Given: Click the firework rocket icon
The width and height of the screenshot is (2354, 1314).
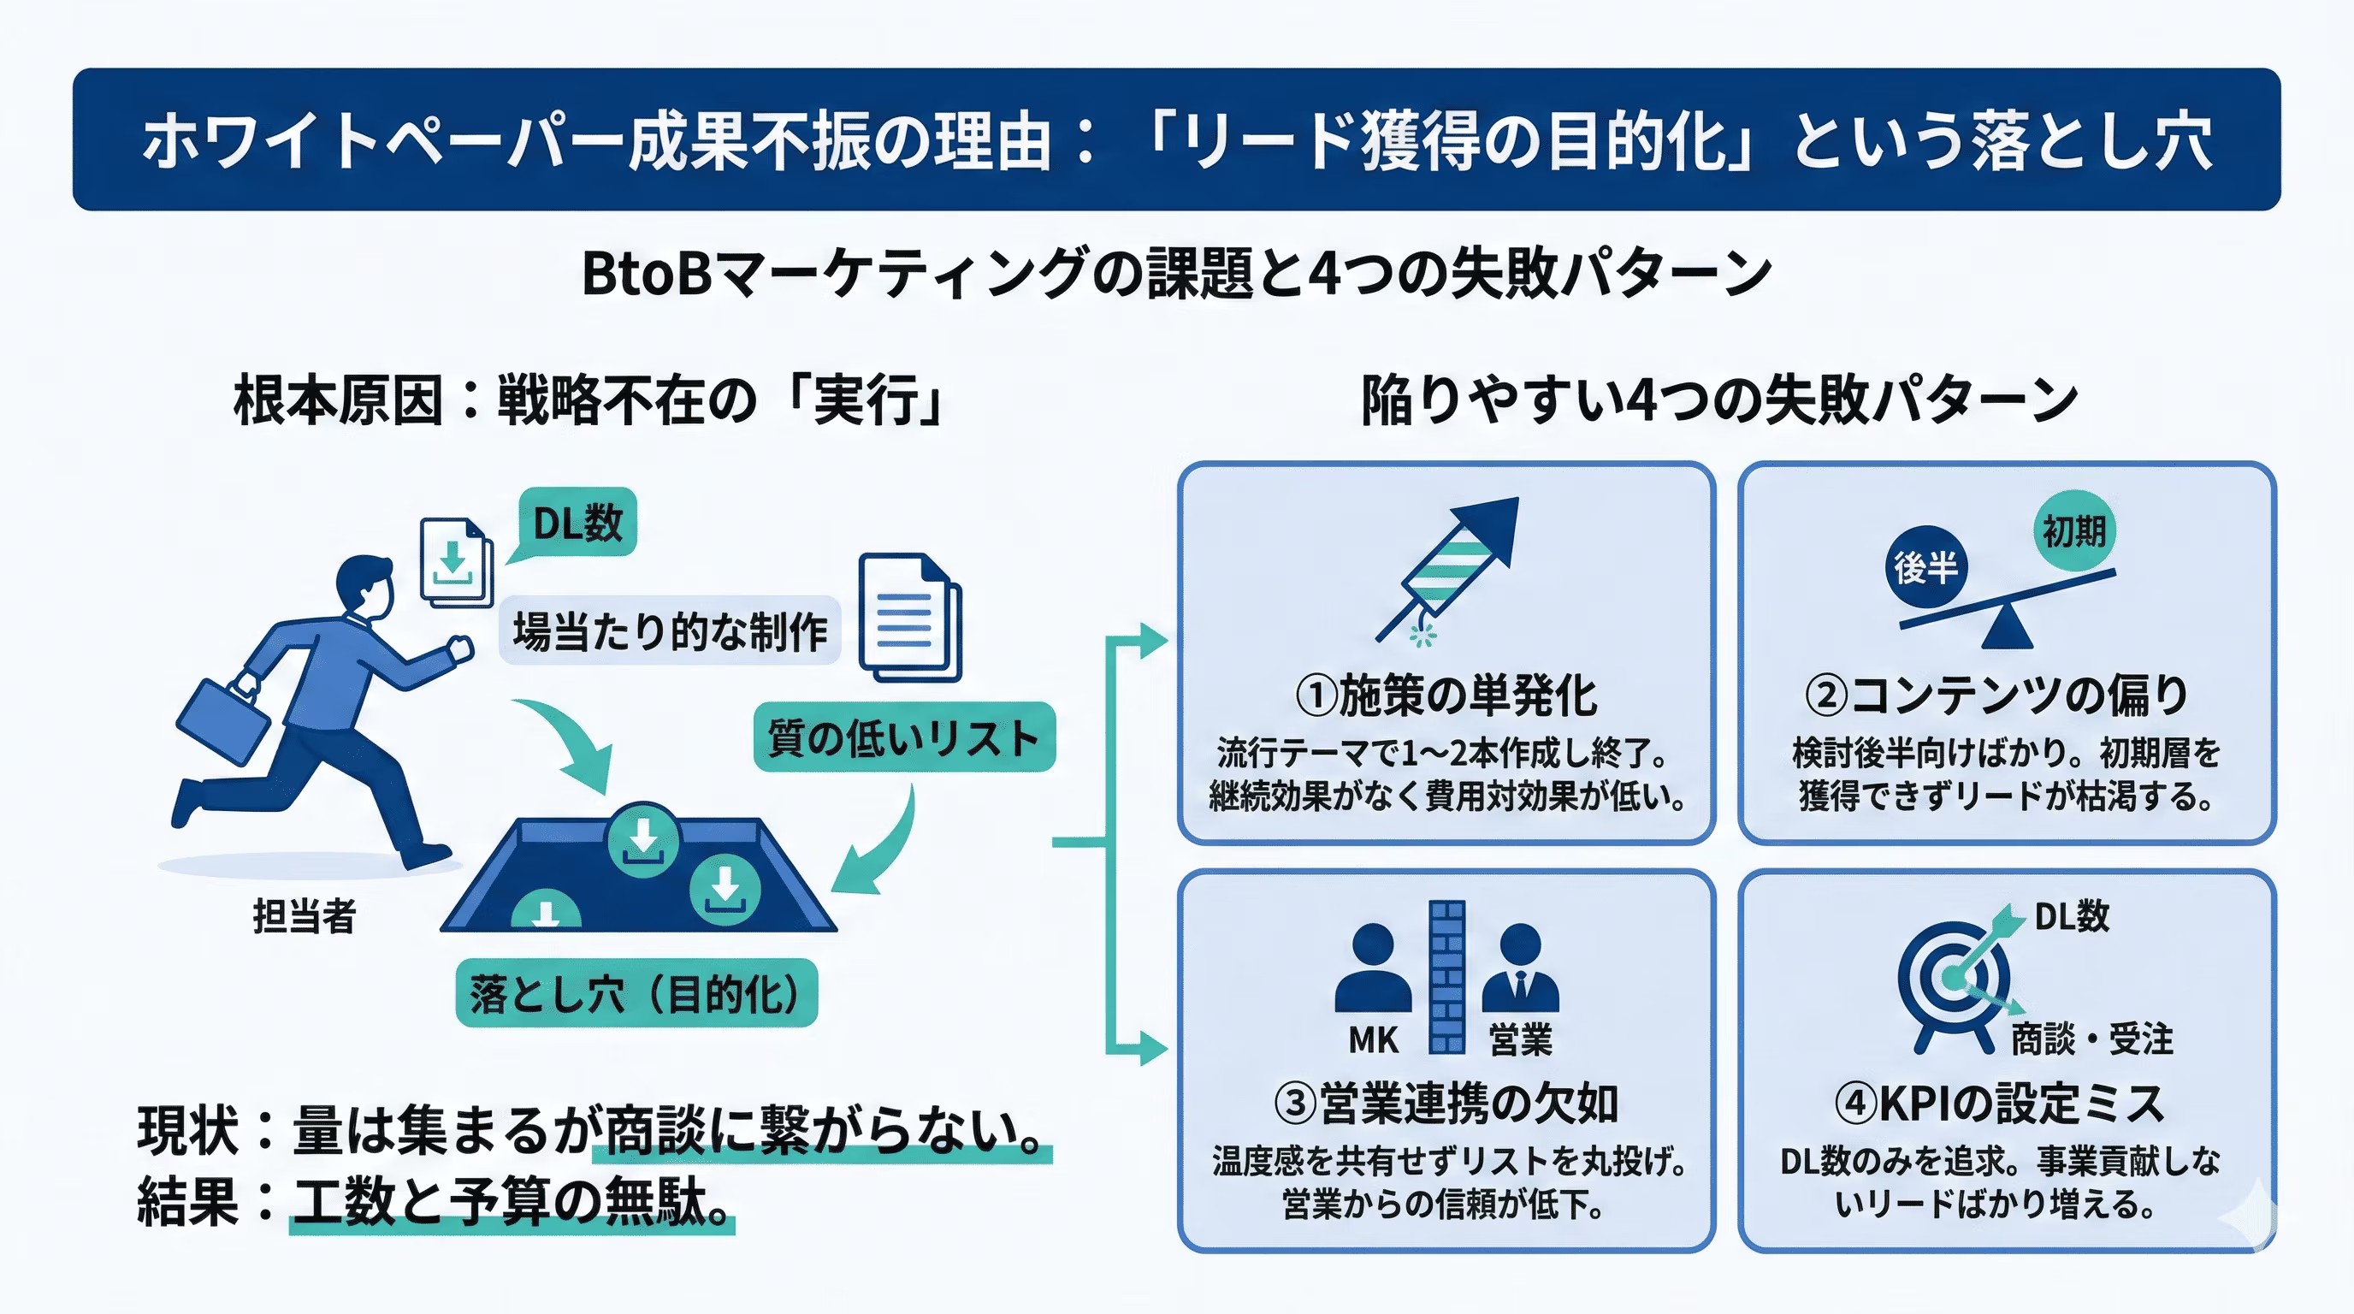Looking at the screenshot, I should [x=1453, y=566].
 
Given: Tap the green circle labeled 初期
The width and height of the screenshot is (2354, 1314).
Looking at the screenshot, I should [x=2073, y=530].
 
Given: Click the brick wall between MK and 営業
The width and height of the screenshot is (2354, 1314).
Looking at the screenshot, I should [x=1446, y=976].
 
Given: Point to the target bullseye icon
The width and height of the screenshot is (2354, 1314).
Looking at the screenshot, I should [x=1955, y=978].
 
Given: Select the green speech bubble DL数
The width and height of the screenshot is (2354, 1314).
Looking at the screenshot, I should [x=577, y=523].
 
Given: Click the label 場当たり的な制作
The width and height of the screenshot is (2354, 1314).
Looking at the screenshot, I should [x=670, y=631].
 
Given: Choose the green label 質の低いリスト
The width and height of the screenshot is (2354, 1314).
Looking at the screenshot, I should [x=904, y=737].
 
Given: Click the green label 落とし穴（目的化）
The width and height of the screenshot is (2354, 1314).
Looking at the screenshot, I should [x=636, y=993].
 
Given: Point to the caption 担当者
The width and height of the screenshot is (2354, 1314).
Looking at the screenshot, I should [x=304, y=915].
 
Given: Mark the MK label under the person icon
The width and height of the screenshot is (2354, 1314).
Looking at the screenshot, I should [x=1373, y=1040].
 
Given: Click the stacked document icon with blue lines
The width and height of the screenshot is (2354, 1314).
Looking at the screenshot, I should [x=909, y=618].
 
